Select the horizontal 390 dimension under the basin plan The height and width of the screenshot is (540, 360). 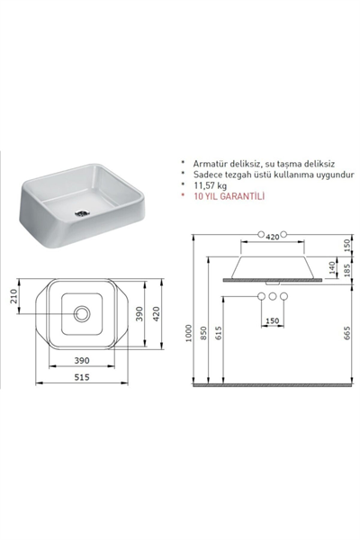[x=81, y=358]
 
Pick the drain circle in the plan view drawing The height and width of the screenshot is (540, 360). [x=82, y=313]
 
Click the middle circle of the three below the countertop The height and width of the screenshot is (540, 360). [x=271, y=296]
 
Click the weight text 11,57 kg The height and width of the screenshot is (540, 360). [x=210, y=184]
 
